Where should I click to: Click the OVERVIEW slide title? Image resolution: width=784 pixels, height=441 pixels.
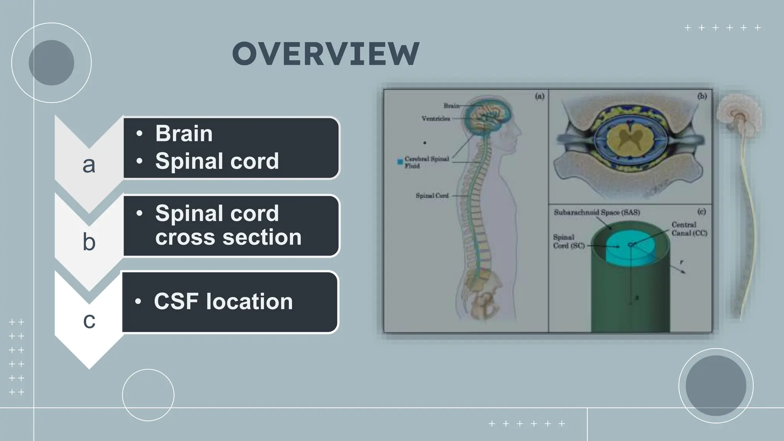[x=326, y=54]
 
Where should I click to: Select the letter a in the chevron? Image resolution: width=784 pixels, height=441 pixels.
[x=89, y=165]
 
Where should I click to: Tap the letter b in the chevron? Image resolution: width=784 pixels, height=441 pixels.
[x=89, y=242]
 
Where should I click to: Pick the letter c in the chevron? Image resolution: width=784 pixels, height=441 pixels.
[x=89, y=320]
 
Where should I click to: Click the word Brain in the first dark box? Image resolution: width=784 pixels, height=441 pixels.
[x=184, y=134]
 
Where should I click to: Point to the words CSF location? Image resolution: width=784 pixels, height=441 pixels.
[x=223, y=302]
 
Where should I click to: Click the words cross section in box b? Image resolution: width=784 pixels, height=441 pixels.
[x=228, y=237]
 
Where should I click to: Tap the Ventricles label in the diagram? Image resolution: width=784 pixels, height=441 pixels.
[x=436, y=119]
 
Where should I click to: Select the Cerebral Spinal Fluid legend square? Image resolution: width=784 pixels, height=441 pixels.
[x=400, y=162]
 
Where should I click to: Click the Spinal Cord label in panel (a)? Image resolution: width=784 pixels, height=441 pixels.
[x=432, y=196]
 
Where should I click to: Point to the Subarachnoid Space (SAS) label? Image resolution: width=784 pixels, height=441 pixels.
[x=596, y=212]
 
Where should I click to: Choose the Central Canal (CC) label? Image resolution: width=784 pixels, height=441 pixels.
[x=689, y=229]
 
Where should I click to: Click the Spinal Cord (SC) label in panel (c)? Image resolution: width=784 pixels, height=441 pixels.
[x=568, y=242]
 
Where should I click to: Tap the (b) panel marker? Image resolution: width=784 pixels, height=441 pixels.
[x=702, y=96]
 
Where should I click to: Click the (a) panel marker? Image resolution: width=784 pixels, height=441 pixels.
[x=539, y=96]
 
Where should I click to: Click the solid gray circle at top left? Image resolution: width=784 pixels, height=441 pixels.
[x=51, y=63]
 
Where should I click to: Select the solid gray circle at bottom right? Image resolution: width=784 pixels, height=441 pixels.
[x=715, y=385]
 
